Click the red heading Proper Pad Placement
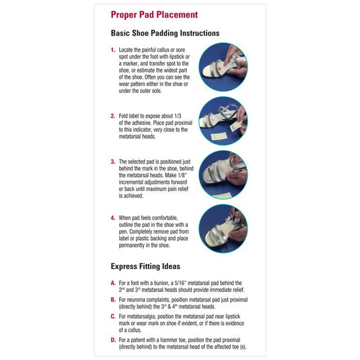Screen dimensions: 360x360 pyautogui.click(x=154, y=15)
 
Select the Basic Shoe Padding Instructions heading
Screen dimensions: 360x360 pyautogui.click(x=165, y=33)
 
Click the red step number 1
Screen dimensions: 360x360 pyautogui.click(x=113, y=50)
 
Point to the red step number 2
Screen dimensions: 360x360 pyautogui.click(x=113, y=115)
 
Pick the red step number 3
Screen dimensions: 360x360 pyautogui.click(x=113, y=161)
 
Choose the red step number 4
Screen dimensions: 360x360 pyautogui.click(x=113, y=218)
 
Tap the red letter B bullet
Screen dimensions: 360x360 pyautogui.click(x=113, y=297)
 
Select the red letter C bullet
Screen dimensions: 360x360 pyautogui.click(x=113, y=314)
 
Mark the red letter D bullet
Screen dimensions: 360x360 pyautogui.click(x=113, y=340)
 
